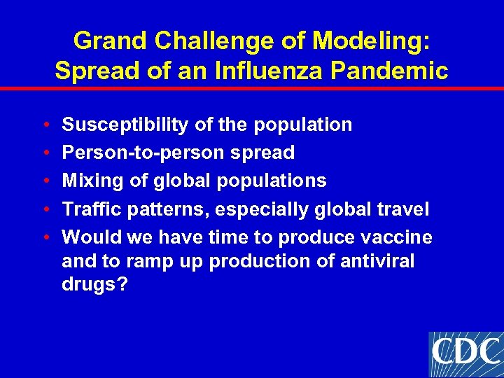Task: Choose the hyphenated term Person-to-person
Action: coord(145,153)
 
